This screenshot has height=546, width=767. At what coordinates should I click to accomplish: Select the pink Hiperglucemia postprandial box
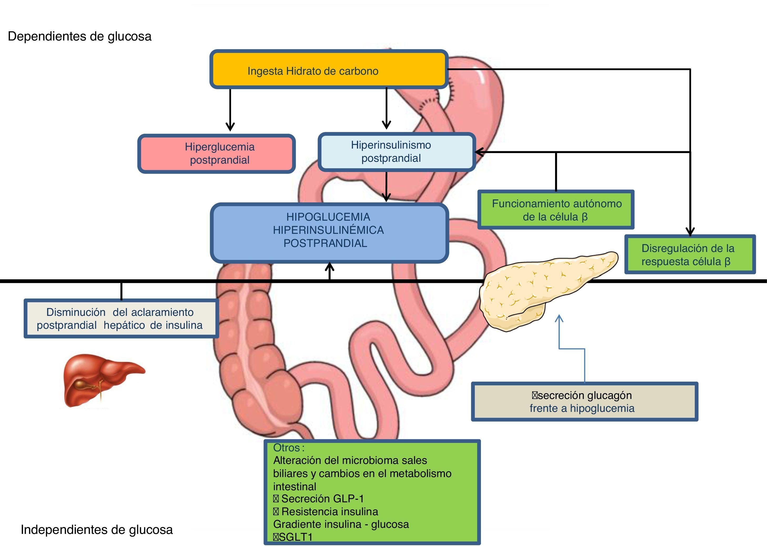(x=216, y=154)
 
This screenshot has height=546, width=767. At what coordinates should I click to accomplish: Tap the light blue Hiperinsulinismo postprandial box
(x=397, y=152)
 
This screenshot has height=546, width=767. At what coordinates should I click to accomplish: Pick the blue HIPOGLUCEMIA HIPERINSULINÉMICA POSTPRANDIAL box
(x=329, y=233)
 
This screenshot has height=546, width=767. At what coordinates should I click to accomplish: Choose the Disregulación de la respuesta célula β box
(x=690, y=255)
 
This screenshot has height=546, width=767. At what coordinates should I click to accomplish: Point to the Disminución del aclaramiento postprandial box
(x=121, y=318)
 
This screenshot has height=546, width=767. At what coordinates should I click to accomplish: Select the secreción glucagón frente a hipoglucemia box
(x=584, y=401)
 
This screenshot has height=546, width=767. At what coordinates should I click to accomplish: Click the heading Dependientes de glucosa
(x=80, y=36)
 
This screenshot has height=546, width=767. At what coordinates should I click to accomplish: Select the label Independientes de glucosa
(x=97, y=529)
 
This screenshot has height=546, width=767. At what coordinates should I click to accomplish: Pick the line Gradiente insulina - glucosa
(x=341, y=524)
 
